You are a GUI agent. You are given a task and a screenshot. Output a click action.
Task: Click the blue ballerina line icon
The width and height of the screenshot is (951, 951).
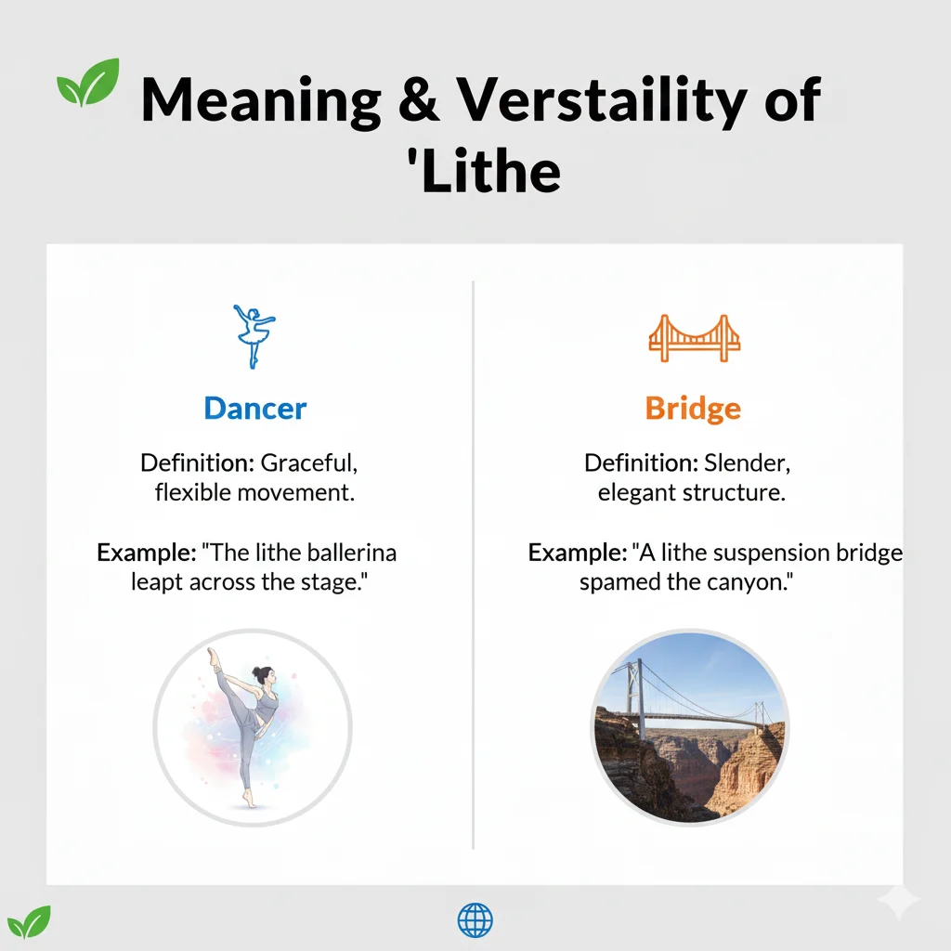254,335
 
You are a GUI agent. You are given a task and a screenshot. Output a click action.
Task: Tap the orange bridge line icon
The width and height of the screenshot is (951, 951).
694,338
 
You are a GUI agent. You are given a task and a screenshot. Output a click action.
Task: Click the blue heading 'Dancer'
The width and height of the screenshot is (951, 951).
254,408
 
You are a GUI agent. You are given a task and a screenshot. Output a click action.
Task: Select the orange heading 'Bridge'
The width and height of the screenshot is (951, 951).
693,409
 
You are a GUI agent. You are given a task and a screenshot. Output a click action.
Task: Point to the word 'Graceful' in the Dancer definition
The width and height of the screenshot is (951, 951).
307,462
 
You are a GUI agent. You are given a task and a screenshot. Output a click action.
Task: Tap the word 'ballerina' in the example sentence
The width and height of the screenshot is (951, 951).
349,553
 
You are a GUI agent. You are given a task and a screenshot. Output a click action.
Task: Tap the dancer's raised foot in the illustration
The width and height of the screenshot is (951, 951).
214,655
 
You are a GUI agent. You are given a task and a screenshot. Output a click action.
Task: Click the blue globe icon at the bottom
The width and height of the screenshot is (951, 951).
475,920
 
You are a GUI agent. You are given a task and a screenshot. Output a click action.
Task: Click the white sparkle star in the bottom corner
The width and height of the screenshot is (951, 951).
898,901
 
